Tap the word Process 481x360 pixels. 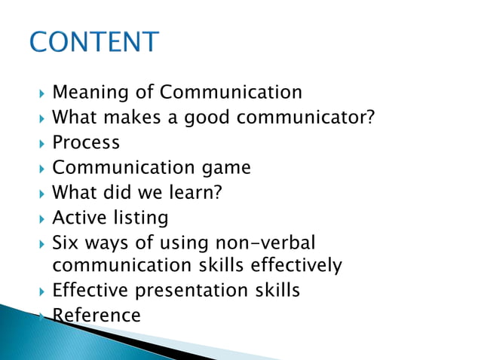86,142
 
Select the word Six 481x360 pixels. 66,243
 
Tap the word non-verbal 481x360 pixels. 265,243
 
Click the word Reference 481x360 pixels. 97,315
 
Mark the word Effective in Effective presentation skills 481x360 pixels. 91,290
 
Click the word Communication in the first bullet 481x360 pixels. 231,93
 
